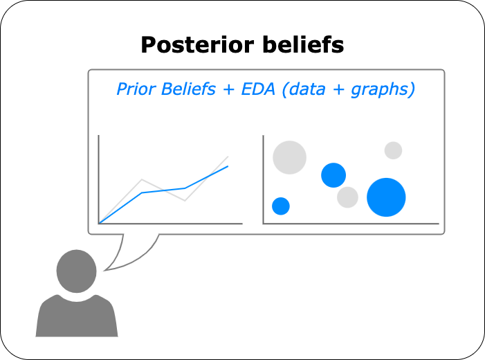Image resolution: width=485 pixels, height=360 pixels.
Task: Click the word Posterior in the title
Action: [197, 45]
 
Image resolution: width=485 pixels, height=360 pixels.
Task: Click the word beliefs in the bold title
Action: [303, 45]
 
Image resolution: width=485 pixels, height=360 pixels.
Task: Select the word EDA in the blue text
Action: [258, 89]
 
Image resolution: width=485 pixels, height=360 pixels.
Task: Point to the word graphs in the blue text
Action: [380, 91]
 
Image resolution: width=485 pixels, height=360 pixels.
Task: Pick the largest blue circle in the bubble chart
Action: [386, 197]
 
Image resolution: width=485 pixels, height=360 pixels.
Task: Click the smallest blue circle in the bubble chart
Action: [281, 206]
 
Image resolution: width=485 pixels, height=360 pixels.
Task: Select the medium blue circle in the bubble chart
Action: [333, 175]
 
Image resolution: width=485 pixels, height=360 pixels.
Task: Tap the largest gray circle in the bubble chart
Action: [289, 158]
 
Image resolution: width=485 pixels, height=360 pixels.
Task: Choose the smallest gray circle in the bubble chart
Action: [393, 150]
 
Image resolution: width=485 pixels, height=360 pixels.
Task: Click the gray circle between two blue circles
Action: [348, 197]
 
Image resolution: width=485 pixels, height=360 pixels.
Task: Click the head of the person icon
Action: [76, 271]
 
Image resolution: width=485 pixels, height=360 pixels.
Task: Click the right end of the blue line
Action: [228, 167]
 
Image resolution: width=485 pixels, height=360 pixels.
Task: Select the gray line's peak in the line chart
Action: [142, 179]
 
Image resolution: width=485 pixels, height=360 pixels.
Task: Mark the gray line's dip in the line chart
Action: [185, 201]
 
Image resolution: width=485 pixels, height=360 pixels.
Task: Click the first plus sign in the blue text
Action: [229, 90]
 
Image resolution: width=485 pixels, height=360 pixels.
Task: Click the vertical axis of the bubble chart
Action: [263, 179]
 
